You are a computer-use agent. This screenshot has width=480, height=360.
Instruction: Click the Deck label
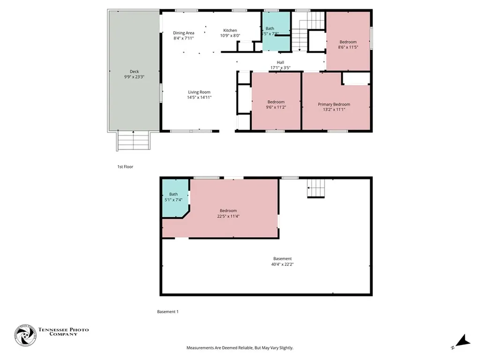(134, 72)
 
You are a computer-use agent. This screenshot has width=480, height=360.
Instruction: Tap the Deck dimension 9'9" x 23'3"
(134, 77)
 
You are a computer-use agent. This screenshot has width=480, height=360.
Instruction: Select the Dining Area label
(183, 33)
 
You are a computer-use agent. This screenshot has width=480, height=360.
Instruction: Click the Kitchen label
(230, 30)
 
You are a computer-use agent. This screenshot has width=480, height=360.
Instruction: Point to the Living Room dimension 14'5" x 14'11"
(199, 97)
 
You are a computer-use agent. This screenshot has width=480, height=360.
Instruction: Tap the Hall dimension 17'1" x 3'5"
(280, 68)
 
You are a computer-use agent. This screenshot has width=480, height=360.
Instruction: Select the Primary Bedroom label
(334, 105)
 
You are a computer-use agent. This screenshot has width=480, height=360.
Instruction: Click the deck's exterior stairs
(134, 141)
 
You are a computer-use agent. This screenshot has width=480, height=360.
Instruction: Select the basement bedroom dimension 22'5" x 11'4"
(228, 217)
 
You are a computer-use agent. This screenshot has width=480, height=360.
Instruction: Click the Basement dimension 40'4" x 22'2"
(282, 264)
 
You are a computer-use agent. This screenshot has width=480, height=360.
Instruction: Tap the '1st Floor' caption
(125, 166)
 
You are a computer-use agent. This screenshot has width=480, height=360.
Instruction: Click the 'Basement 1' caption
(167, 312)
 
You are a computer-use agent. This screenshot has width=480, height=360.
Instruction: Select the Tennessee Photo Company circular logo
(25, 335)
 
